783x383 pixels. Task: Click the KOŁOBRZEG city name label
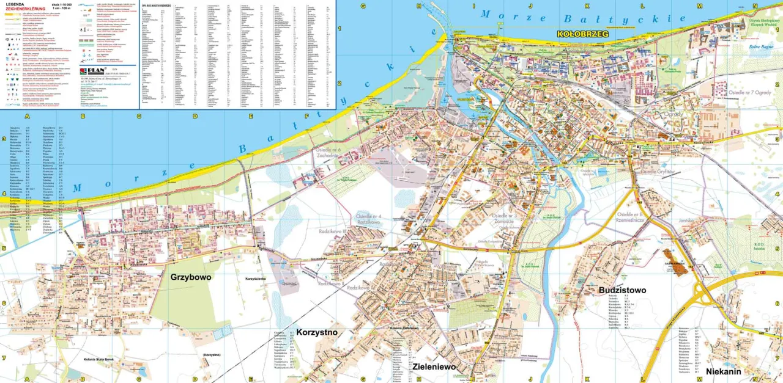click(582, 34)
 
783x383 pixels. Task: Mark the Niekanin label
click(723, 371)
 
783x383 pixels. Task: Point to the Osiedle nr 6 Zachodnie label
click(328, 153)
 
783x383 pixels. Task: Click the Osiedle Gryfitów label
click(657, 172)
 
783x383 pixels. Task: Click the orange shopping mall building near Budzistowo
click(673, 257)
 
